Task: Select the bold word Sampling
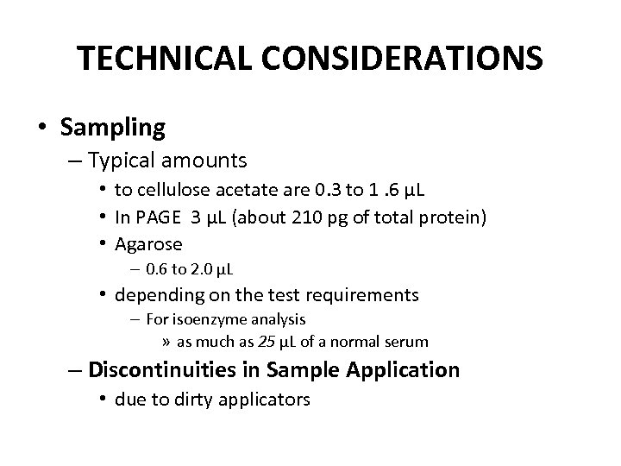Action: tap(113, 128)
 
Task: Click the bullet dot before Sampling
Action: tap(42, 128)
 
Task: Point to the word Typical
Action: tap(120, 161)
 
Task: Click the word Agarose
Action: tap(153, 243)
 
